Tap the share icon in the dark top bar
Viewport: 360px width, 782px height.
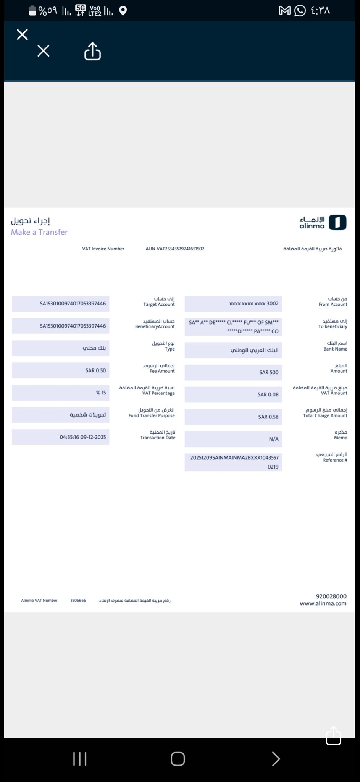click(92, 51)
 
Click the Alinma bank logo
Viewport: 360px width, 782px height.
click(323, 222)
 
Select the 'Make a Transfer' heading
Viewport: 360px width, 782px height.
click(39, 232)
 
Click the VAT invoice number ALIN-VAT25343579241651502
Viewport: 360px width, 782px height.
click(175, 249)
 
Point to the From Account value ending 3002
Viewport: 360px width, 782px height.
click(253, 304)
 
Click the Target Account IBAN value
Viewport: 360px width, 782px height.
click(73, 304)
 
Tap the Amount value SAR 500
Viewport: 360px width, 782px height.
click(269, 372)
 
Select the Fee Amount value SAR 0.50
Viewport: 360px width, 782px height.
click(95, 370)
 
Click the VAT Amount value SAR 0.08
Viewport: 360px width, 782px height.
click(268, 394)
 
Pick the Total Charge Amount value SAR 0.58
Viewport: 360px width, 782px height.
click(268, 417)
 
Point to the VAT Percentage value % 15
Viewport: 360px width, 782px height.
click(101, 393)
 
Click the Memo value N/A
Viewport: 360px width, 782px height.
click(273, 439)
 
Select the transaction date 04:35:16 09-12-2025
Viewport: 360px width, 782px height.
click(82, 437)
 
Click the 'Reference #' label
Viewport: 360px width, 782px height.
click(335, 460)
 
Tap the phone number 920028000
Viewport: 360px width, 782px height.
click(331, 596)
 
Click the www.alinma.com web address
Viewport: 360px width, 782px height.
click(323, 603)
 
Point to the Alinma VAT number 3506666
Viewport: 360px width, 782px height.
click(78, 601)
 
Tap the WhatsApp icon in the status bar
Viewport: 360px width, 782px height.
click(300, 11)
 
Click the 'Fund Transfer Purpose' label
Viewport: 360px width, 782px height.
click(152, 415)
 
